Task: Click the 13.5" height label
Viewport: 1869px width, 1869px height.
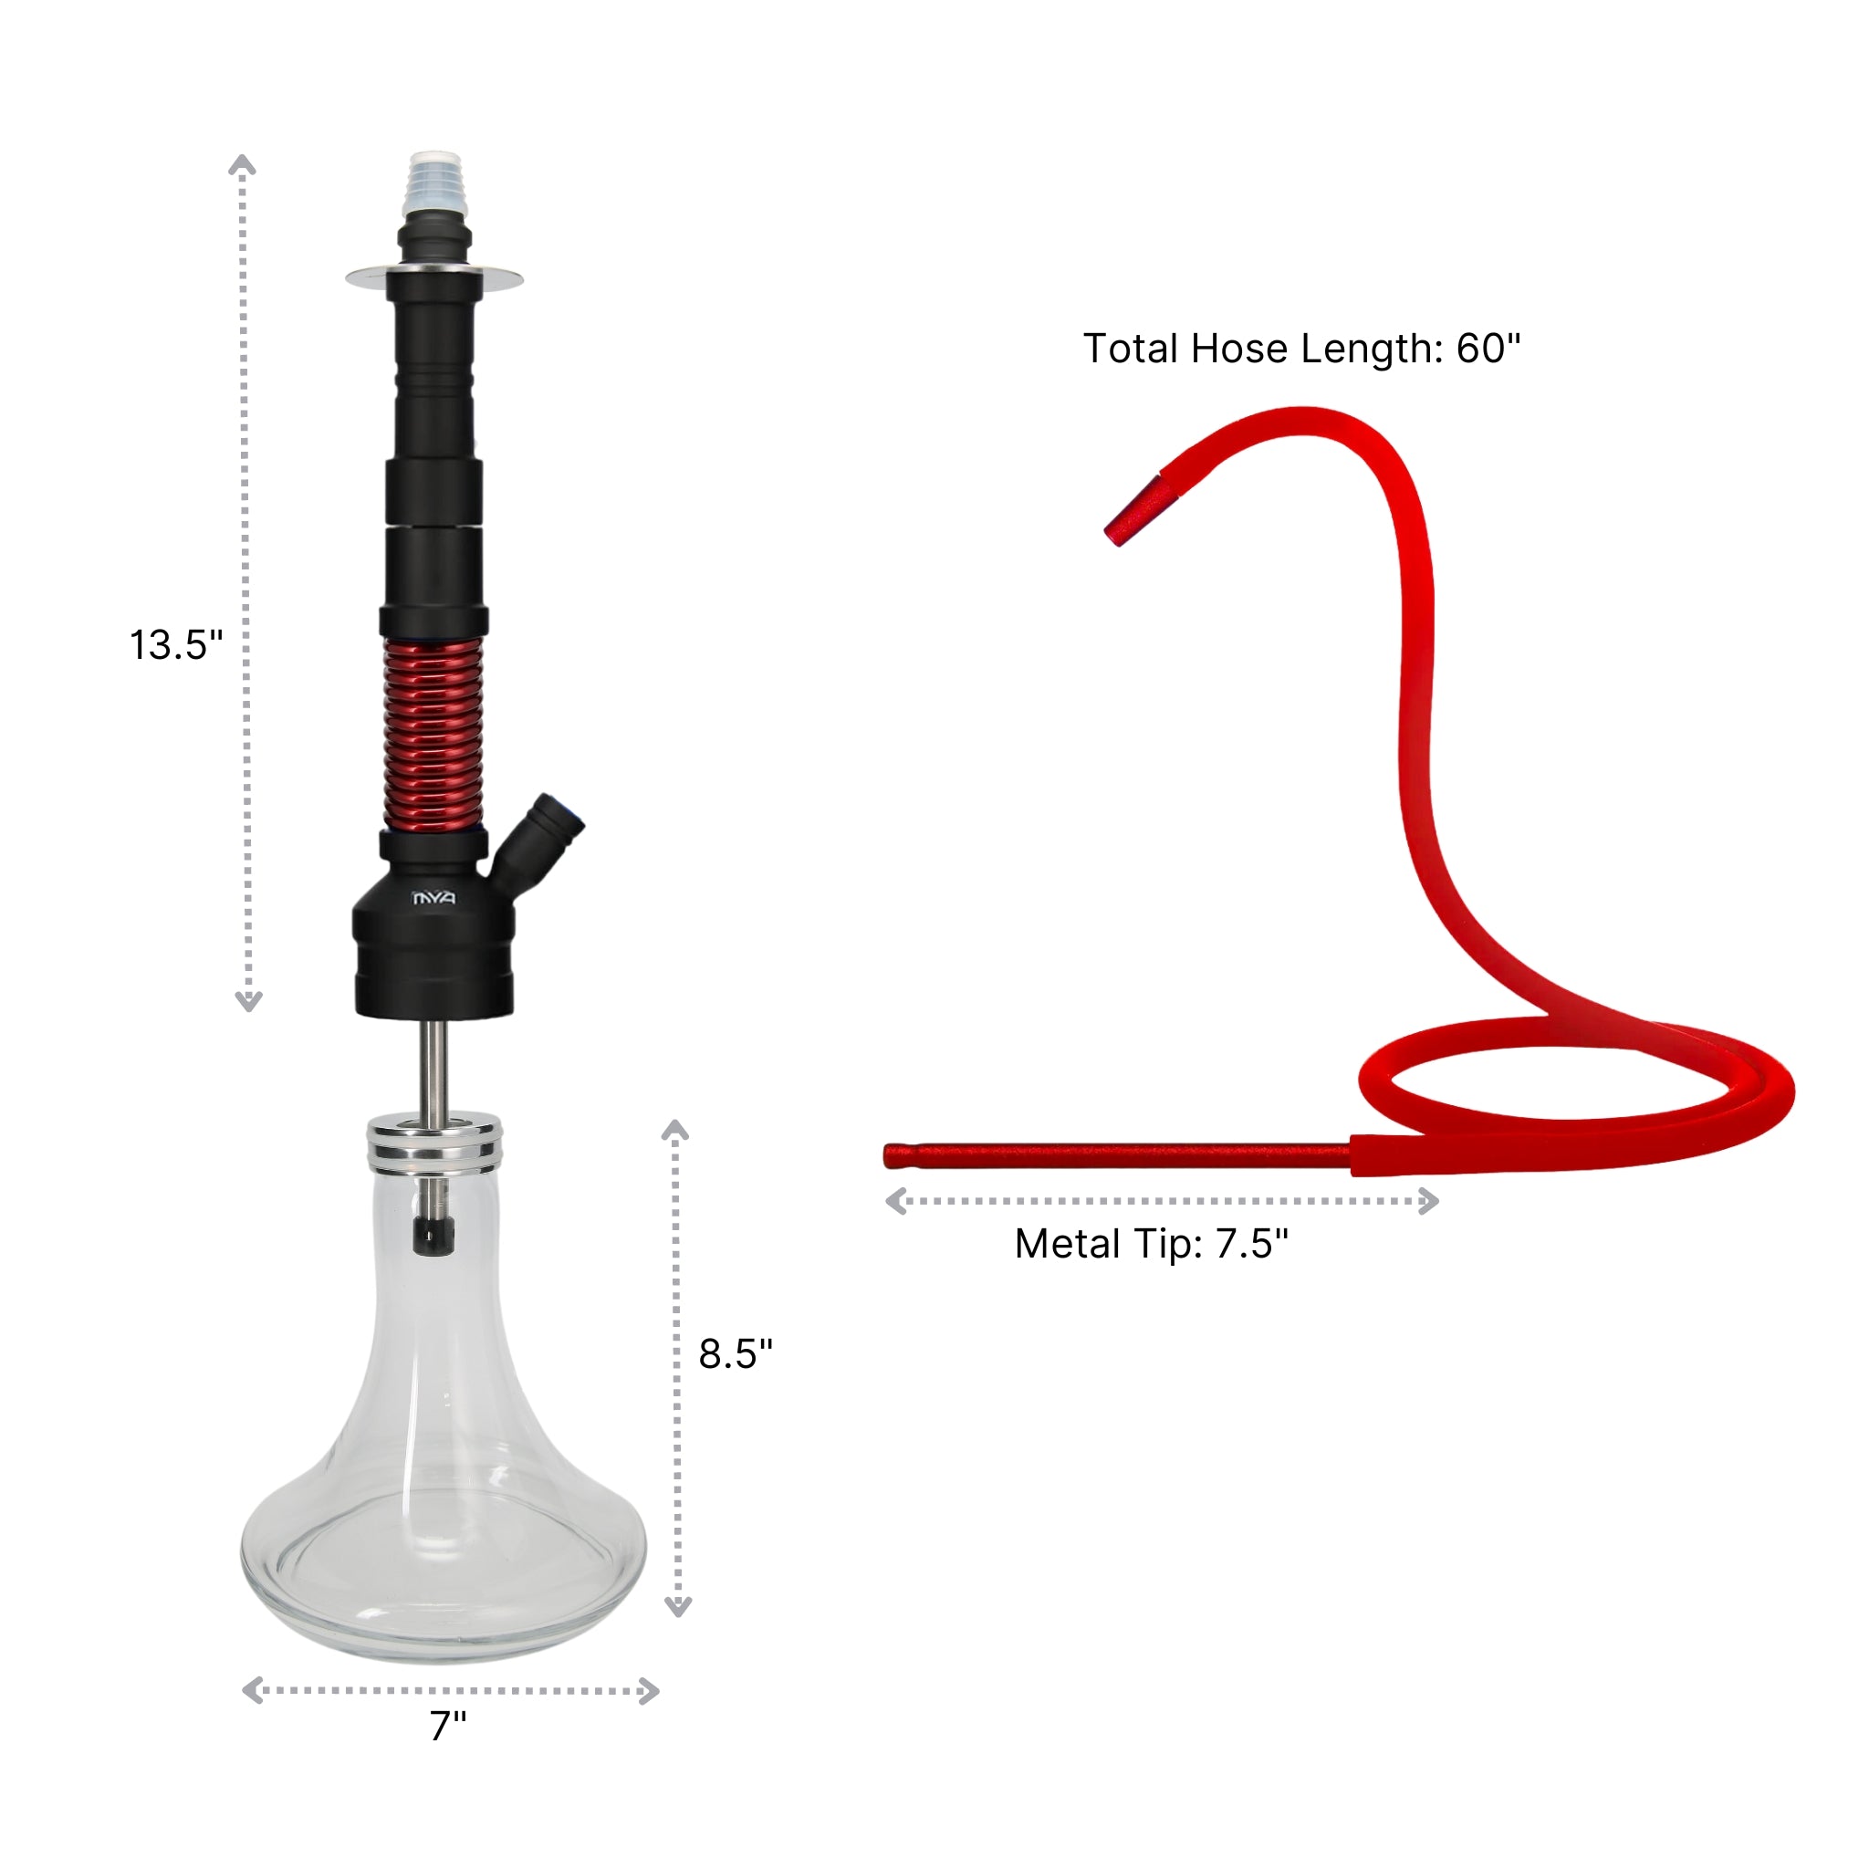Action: (176, 645)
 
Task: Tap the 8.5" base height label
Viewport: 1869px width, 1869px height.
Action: (736, 1353)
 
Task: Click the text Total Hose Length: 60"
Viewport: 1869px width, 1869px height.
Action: (1301, 349)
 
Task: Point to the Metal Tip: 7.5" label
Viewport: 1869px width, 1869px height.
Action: (1151, 1244)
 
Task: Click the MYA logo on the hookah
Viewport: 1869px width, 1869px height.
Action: (433, 899)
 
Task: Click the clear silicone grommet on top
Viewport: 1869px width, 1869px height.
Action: (435, 184)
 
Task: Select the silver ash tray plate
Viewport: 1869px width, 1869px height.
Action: (434, 278)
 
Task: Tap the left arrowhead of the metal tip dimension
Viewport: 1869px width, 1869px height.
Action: (896, 1202)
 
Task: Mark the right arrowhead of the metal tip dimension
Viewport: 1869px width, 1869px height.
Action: (1430, 1202)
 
